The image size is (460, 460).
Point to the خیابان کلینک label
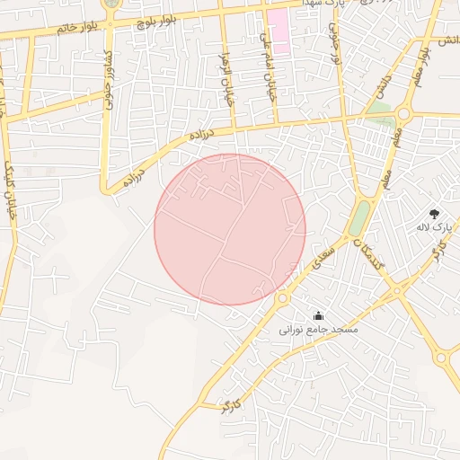11,181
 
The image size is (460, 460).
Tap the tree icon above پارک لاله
436,214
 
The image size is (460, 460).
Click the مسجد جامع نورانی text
320,330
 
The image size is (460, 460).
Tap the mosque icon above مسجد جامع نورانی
318,315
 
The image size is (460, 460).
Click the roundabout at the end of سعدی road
282,297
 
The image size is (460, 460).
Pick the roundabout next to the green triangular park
403,114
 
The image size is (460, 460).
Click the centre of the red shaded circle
230,230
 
